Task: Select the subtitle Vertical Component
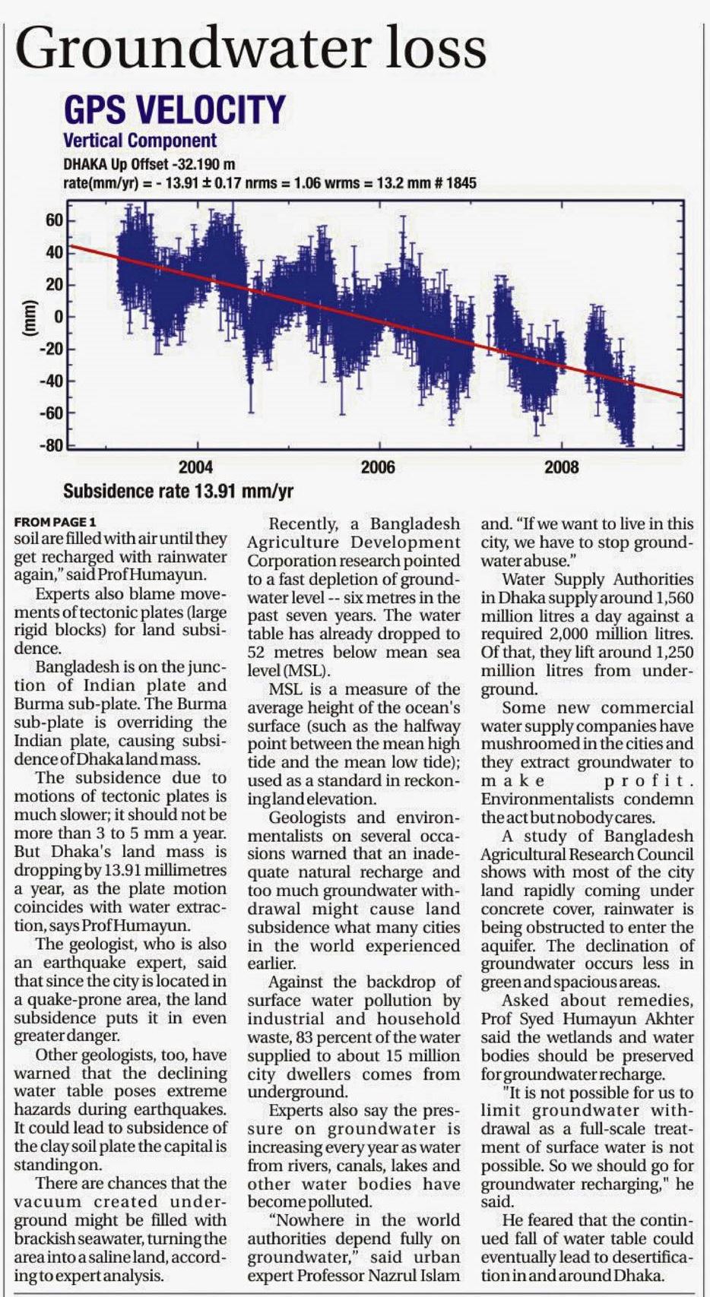(x=140, y=141)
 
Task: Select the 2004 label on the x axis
(x=195, y=467)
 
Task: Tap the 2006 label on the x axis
(x=378, y=467)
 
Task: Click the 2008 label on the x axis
(x=561, y=467)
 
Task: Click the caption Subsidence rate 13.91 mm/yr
(x=178, y=491)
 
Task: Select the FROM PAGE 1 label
(x=55, y=523)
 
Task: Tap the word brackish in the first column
(x=39, y=1238)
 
